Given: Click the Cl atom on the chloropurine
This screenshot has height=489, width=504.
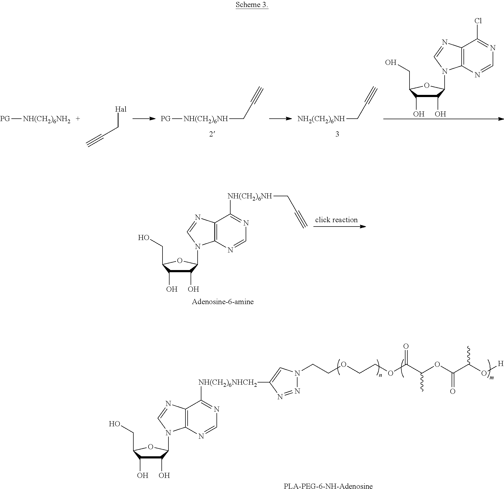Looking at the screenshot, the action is click(478, 21).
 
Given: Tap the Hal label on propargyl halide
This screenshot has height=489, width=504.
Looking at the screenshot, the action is click(121, 109).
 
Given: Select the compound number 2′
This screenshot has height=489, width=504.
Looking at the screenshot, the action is click(212, 134).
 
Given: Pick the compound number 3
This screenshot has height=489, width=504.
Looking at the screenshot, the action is click(337, 134).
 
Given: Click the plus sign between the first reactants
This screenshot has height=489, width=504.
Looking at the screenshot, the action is click(78, 118).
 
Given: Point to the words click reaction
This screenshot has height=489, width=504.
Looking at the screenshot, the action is click(336, 220).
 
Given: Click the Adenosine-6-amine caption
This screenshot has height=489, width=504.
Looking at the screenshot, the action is click(223, 302).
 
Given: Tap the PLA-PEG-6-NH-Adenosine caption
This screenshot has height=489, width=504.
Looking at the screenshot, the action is click(328, 485).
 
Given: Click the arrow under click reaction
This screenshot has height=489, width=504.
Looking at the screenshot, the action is click(340, 226).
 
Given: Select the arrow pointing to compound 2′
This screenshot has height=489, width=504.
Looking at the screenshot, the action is click(144, 119).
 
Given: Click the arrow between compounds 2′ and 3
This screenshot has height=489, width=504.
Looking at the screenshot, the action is click(281, 119).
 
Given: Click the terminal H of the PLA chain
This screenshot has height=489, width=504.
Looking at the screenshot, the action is click(500, 364).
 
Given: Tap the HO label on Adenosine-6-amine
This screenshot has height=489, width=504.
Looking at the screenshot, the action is click(144, 238).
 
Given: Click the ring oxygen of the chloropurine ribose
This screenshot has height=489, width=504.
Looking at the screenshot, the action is click(427, 86).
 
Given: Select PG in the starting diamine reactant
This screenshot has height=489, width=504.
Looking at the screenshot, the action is click(5, 119).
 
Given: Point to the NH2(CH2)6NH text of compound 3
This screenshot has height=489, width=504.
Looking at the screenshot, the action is click(321, 119).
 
